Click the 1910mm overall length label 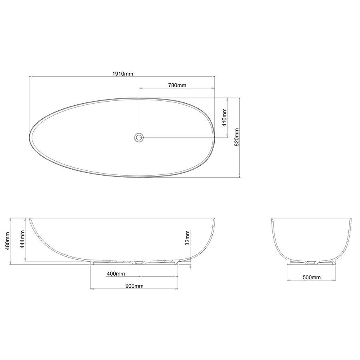(123, 74)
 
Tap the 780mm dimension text (177, 85)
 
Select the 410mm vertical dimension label (224, 117)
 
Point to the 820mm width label (237, 137)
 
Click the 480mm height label (7, 241)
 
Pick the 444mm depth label (22, 240)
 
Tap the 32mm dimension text (188, 238)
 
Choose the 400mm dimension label (116, 274)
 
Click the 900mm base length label (134, 286)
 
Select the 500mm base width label (312, 277)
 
